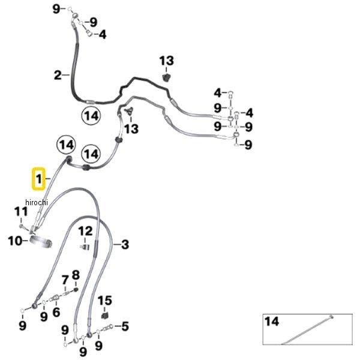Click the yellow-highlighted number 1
coord(38,179)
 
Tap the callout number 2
coord(58,76)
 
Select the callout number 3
coord(125,244)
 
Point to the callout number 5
coord(125,326)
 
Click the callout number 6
coord(56,312)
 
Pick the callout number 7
coord(65,280)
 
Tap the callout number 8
coord(76,275)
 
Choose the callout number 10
coord(15,241)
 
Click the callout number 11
coord(21,212)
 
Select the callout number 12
coord(85,231)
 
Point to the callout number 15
coord(104,301)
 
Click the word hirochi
coord(37,202)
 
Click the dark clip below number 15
coord(104,316)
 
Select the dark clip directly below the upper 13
coord(166,77)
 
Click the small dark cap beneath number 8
coord(76,290)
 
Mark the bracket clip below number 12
coord(85,247)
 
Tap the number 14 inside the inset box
coord(272,321)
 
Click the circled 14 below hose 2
coord(91,116)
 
